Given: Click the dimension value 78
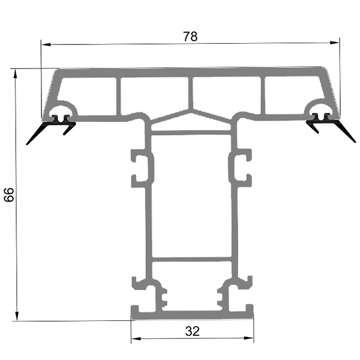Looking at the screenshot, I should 190,36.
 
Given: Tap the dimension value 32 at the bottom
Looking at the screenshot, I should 192,331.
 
